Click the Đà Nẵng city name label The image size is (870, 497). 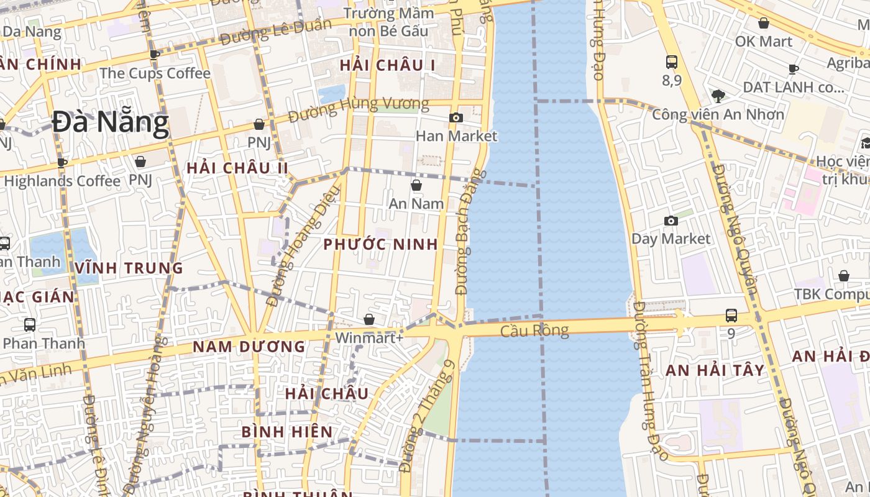(110, 122)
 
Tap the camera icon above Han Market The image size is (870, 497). (456, 117)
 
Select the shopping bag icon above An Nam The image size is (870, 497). (416, 185)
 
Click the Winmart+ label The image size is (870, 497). (369, 338)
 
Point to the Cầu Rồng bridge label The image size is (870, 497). (534, 331)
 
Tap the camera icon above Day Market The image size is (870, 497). (671, 221)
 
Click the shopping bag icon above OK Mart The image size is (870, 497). (764, 24)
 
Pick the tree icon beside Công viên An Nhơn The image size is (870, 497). (718, 96)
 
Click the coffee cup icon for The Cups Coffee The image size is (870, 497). (154, 55)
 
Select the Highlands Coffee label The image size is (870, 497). (62, 181)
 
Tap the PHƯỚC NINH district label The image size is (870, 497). (380, 244)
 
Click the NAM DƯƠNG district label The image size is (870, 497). (249, 347)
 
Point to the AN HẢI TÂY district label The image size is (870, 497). (715, 370)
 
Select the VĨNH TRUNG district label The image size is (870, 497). (129, 268)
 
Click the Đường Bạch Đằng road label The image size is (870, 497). (470, 231)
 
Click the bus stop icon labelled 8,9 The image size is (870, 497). (672, 62)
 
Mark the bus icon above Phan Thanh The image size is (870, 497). (29, 324)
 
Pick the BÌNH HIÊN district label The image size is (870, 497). (286, 431)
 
